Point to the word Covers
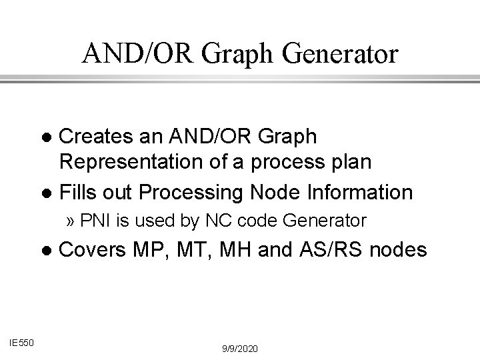pos(93,250)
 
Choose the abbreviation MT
pos(196,250)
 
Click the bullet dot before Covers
pos(46,251)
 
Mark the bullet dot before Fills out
pos(46,193)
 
